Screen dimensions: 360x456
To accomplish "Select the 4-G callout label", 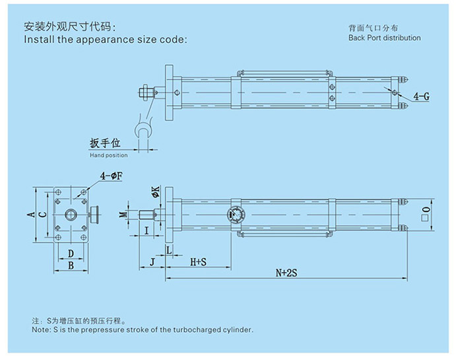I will pos(421,96).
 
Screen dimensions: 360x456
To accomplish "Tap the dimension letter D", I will pos(70,254).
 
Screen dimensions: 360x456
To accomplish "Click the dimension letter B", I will pos(70,266).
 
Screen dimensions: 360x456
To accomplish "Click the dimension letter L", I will pos(169,250).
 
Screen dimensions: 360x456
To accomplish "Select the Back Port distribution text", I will pos(384,38).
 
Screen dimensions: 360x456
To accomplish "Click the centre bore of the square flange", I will pos(70,215).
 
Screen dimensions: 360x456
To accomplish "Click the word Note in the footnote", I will pos(40,329).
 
